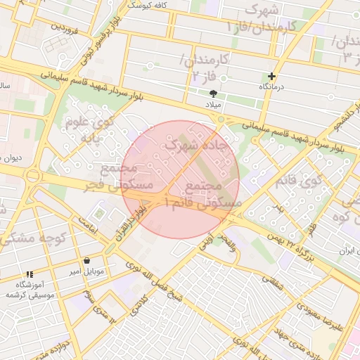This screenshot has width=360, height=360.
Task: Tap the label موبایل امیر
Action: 86,271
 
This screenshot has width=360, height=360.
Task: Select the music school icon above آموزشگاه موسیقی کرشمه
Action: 29,274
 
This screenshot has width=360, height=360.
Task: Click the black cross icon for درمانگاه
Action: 272,76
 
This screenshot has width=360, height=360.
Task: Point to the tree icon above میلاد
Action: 213,93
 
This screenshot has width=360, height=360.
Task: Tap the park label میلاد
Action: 212,103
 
